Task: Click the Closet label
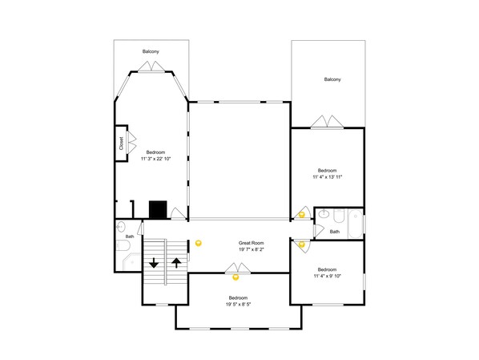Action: pos(121,144)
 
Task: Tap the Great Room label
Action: pos(251,243)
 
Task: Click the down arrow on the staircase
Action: pos(154,263)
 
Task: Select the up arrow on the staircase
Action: pos(176,263)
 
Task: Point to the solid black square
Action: pos(158,210)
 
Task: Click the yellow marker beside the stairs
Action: pos(199,244)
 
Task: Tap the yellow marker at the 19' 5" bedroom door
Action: pos(235,277)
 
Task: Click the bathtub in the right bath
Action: pos(356,224)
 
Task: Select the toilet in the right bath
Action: pos(339,216)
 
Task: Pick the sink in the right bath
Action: pos(324,213)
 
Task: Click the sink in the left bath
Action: pos(121,227)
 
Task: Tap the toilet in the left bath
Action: pos(123,245)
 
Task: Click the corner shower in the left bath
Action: pos(131,261)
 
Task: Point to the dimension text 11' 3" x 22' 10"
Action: pos(155,159)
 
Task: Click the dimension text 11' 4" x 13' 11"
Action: pos(327,176)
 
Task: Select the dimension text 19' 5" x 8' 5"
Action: pos(238,305)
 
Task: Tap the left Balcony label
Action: pos(151,51)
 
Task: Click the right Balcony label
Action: pos(332,79)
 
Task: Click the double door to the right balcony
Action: pos(327,122)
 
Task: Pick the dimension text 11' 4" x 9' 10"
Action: pos(327,276)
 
